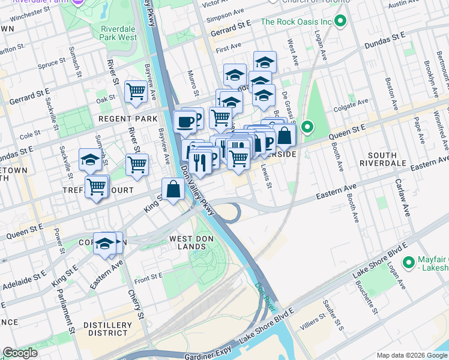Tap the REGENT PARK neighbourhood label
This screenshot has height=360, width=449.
pos(129,119)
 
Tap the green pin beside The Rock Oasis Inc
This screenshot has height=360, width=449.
pos(341,22)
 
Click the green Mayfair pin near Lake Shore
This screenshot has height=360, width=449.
pos(409,262)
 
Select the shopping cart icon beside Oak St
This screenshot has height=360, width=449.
pos(136,92)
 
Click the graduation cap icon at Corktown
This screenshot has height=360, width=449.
pos(104,244)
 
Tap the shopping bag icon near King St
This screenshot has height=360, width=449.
pos(173,189)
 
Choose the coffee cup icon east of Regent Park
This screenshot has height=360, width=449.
pos(185,122)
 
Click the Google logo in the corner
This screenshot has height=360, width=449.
pos(20,353)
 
